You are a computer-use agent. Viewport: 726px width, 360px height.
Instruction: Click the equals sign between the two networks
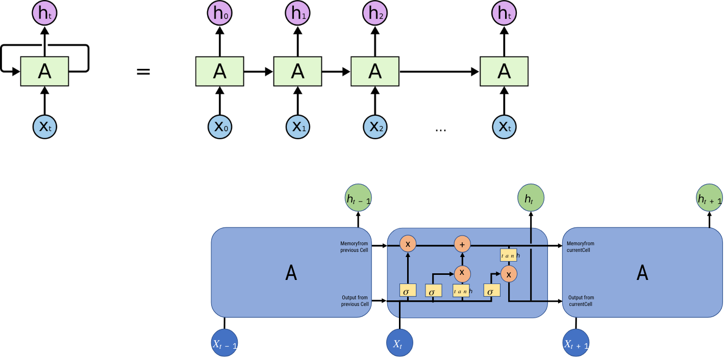pos(143,71)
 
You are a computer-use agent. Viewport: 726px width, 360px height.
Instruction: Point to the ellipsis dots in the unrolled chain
pos(440,130)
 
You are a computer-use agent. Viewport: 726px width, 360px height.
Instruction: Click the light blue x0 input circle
pos(220,126)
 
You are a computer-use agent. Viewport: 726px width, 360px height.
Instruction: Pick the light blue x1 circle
pos(297,126)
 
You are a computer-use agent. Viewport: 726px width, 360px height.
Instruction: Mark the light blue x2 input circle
pos(375,126)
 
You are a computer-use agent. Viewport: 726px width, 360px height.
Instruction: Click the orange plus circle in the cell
pos(462,244)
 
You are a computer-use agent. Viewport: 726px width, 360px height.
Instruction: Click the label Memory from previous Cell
pos(355,247)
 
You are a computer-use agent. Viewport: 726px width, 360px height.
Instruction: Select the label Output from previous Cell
pos(355,301)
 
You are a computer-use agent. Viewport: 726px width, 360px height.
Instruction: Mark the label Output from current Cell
pos(581,301)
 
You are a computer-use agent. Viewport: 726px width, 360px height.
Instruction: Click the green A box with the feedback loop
pos(44,71)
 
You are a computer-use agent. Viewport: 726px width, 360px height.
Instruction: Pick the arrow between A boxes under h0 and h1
pos(259,71)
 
